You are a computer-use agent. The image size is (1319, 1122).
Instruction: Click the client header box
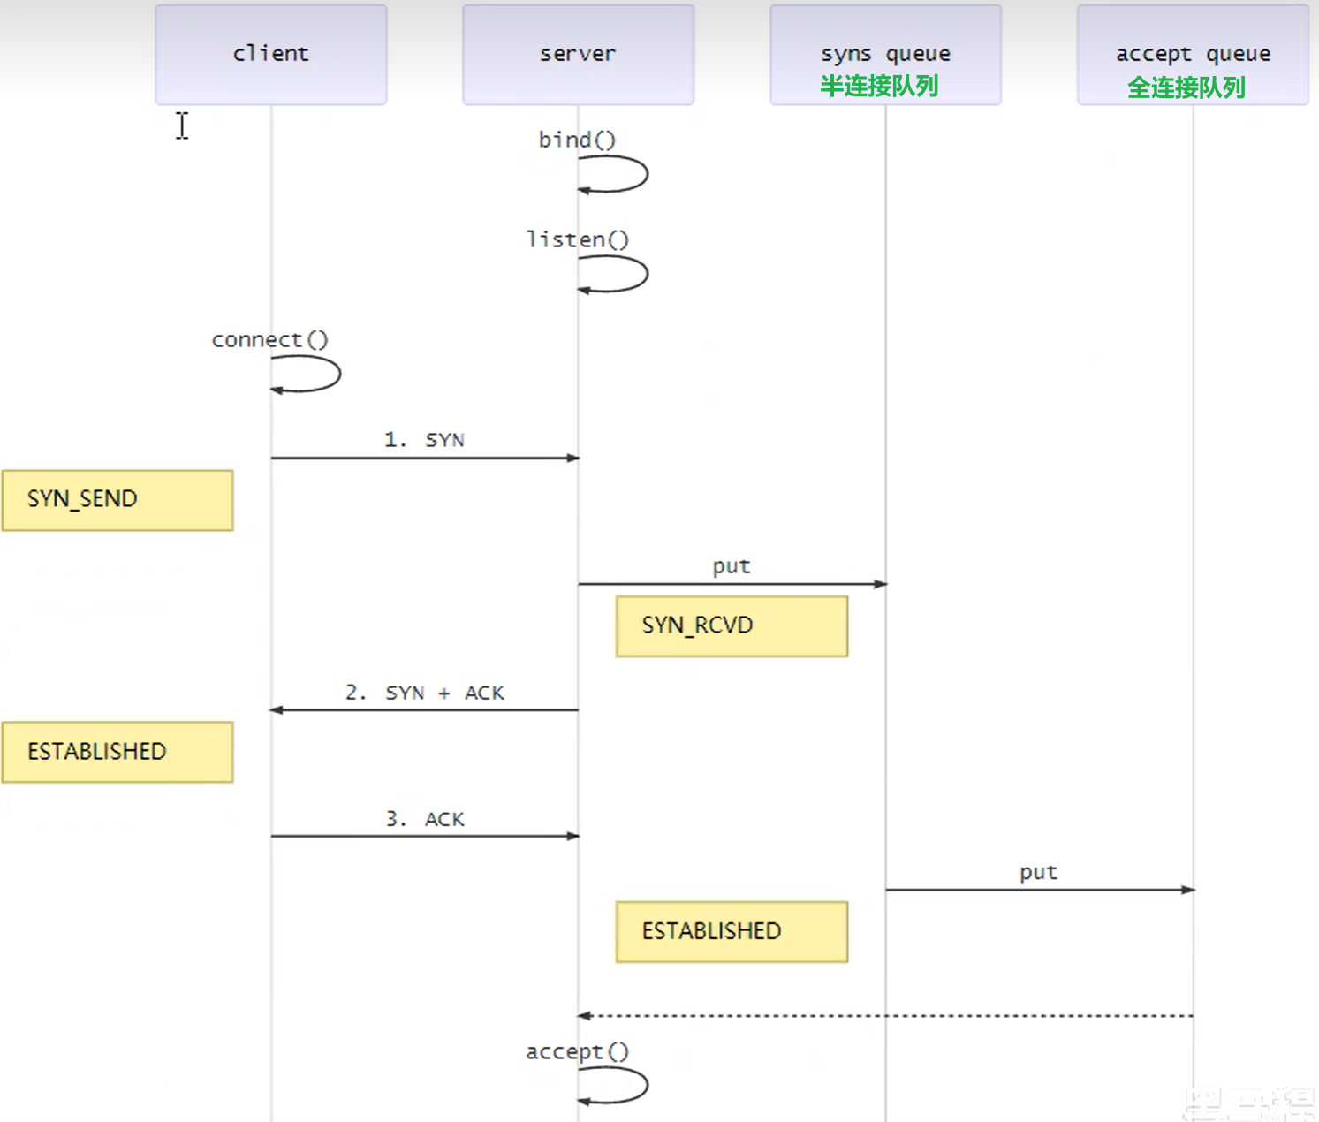pyautogui.click(x=270, y=55)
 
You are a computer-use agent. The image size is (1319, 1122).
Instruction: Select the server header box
pyautogui.click(x=578, y=55)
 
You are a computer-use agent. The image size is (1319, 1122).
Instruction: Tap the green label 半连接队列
pyautogui.click(x=878, y=87)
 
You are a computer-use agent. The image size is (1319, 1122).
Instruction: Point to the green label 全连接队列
pyautogui.click(x=1186, y=87)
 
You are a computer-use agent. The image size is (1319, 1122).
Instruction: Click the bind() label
pyautogui.click(x=577, y=140)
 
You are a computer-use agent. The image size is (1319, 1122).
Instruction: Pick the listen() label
pyautogui.click(x=578, y=239)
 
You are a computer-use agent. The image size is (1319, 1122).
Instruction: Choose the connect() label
pyautogui.click(x=269, y=339)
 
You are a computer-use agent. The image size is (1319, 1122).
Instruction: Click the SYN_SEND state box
pyautogui.click(x=117, y=500)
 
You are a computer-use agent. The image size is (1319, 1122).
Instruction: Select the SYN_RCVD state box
pyautogui.click(x=732, y=626)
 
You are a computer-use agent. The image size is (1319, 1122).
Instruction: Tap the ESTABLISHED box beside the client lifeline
pyautogui.click(x=117, y=752)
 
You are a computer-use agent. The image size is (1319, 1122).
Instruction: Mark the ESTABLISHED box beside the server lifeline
pyautogui.click(x=732, y=932)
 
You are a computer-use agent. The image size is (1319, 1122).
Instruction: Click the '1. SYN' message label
pyautogui.click(x=424, y=440)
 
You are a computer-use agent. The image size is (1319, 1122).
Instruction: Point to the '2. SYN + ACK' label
pyautogui.click(x=424, y=693)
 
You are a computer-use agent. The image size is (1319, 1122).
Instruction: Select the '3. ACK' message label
pyautogui.click(x=424, y=819)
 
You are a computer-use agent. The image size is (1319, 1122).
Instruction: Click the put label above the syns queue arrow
pyautogui.click(x=732, y=566)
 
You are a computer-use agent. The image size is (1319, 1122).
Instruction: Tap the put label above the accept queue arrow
pyautogui.click(x=1038, y=873)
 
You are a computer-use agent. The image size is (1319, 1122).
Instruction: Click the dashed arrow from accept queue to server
pyautogui.click(x=883, y=1016)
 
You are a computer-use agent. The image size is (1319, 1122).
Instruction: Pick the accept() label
pyautogui.click(x=578, y=1051)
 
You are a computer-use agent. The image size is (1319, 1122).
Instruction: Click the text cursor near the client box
pyautogui.click(x=182, y=125)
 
